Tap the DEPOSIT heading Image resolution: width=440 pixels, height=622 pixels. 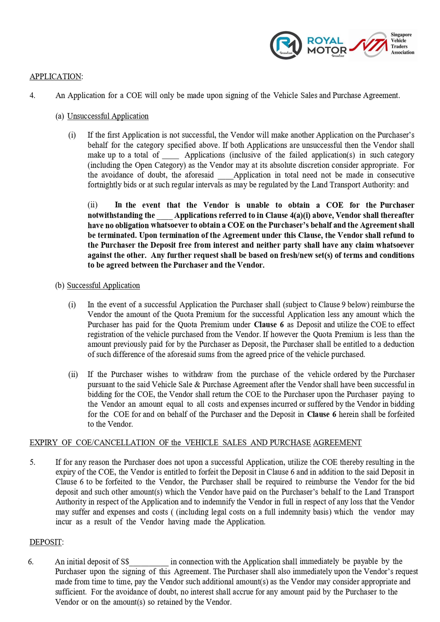point(46,542)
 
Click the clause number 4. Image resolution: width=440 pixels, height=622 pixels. point(32,95)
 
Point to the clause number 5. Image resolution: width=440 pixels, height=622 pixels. point(32,462)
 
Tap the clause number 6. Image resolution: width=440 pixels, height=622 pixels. point(31,562)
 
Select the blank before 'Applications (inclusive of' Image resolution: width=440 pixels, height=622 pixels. point(170,157)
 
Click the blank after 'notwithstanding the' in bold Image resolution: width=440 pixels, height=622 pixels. point(164,217)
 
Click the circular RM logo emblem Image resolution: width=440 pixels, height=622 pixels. point(286,45)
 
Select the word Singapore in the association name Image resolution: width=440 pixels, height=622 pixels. point(401,35)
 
